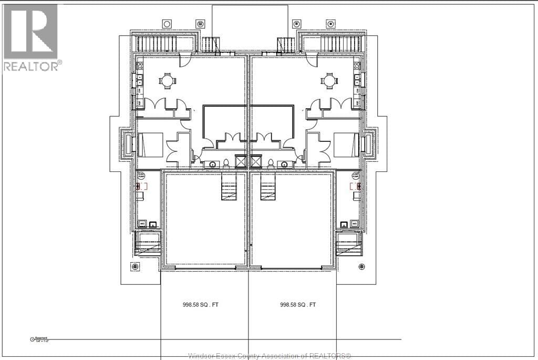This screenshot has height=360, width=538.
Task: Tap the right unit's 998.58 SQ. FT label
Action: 298,304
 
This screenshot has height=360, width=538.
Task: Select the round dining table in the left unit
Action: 167,81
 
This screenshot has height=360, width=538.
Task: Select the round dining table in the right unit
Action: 329,81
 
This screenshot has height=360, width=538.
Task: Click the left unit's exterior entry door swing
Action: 184,60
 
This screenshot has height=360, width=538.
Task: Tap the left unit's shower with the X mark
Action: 241,161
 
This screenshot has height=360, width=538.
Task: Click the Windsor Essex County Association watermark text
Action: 269,356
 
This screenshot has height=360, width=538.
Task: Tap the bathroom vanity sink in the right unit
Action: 286,164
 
